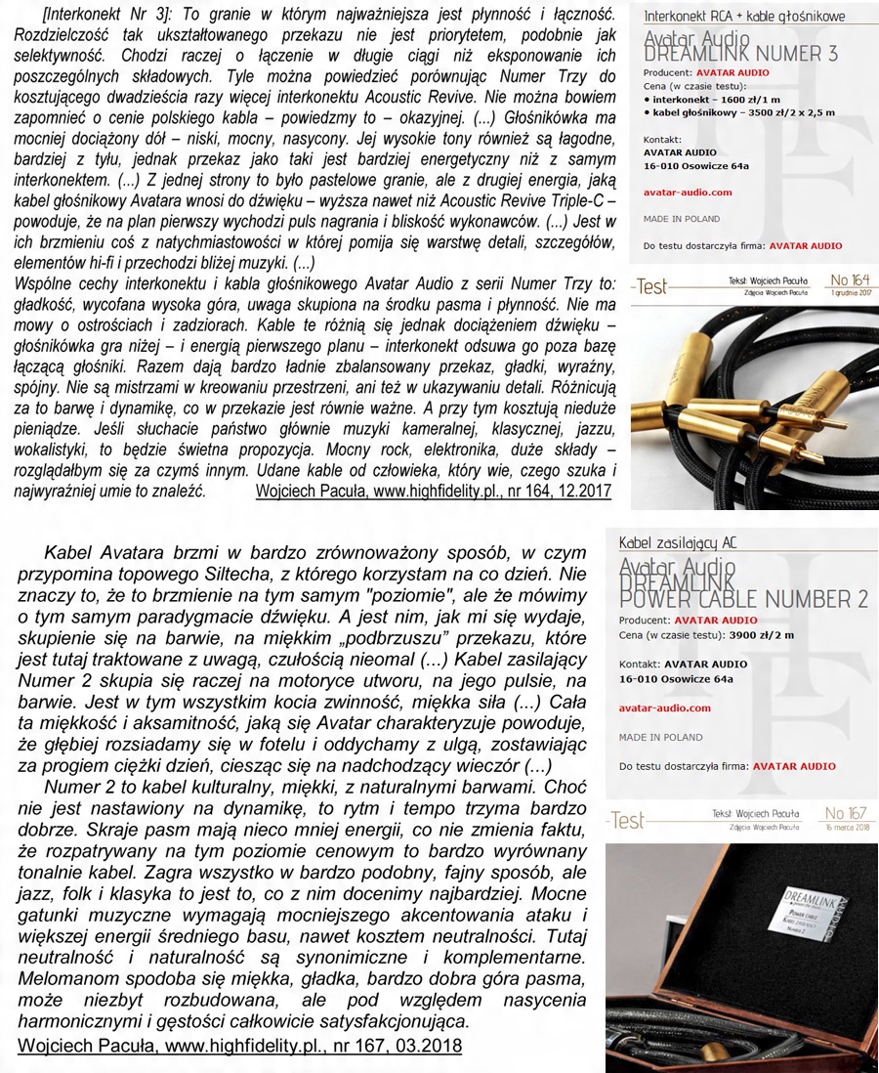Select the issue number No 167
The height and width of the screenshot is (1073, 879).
click(x=847, y=813)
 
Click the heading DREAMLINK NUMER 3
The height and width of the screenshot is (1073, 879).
click(x=740, y=54)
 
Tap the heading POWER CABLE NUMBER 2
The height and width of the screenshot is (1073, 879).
click(x=739, y=597)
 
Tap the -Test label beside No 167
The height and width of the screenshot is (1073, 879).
click(x=626, y=819)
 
